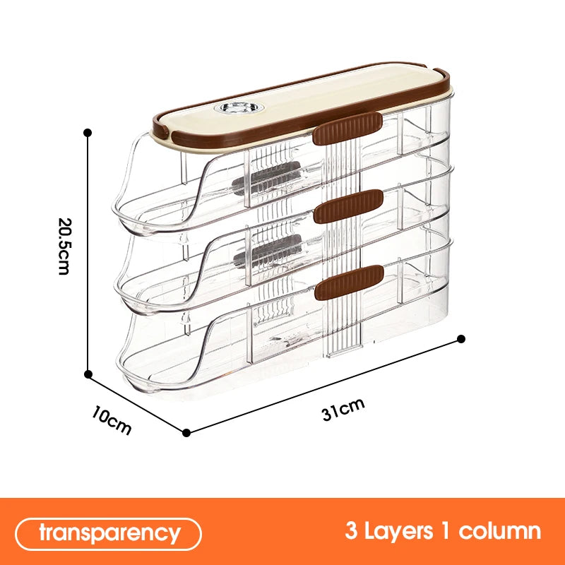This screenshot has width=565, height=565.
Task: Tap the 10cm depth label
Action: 111,419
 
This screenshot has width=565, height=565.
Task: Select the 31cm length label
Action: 343,409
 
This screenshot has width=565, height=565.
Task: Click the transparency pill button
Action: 109,532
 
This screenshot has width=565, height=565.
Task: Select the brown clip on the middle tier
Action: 348,207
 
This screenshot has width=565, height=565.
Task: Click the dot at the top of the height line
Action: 88,132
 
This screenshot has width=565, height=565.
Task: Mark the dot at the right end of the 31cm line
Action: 461,338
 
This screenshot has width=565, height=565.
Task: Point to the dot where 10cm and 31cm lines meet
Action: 186,432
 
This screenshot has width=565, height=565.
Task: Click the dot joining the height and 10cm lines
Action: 88,375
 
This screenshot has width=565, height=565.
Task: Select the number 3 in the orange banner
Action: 351,531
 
